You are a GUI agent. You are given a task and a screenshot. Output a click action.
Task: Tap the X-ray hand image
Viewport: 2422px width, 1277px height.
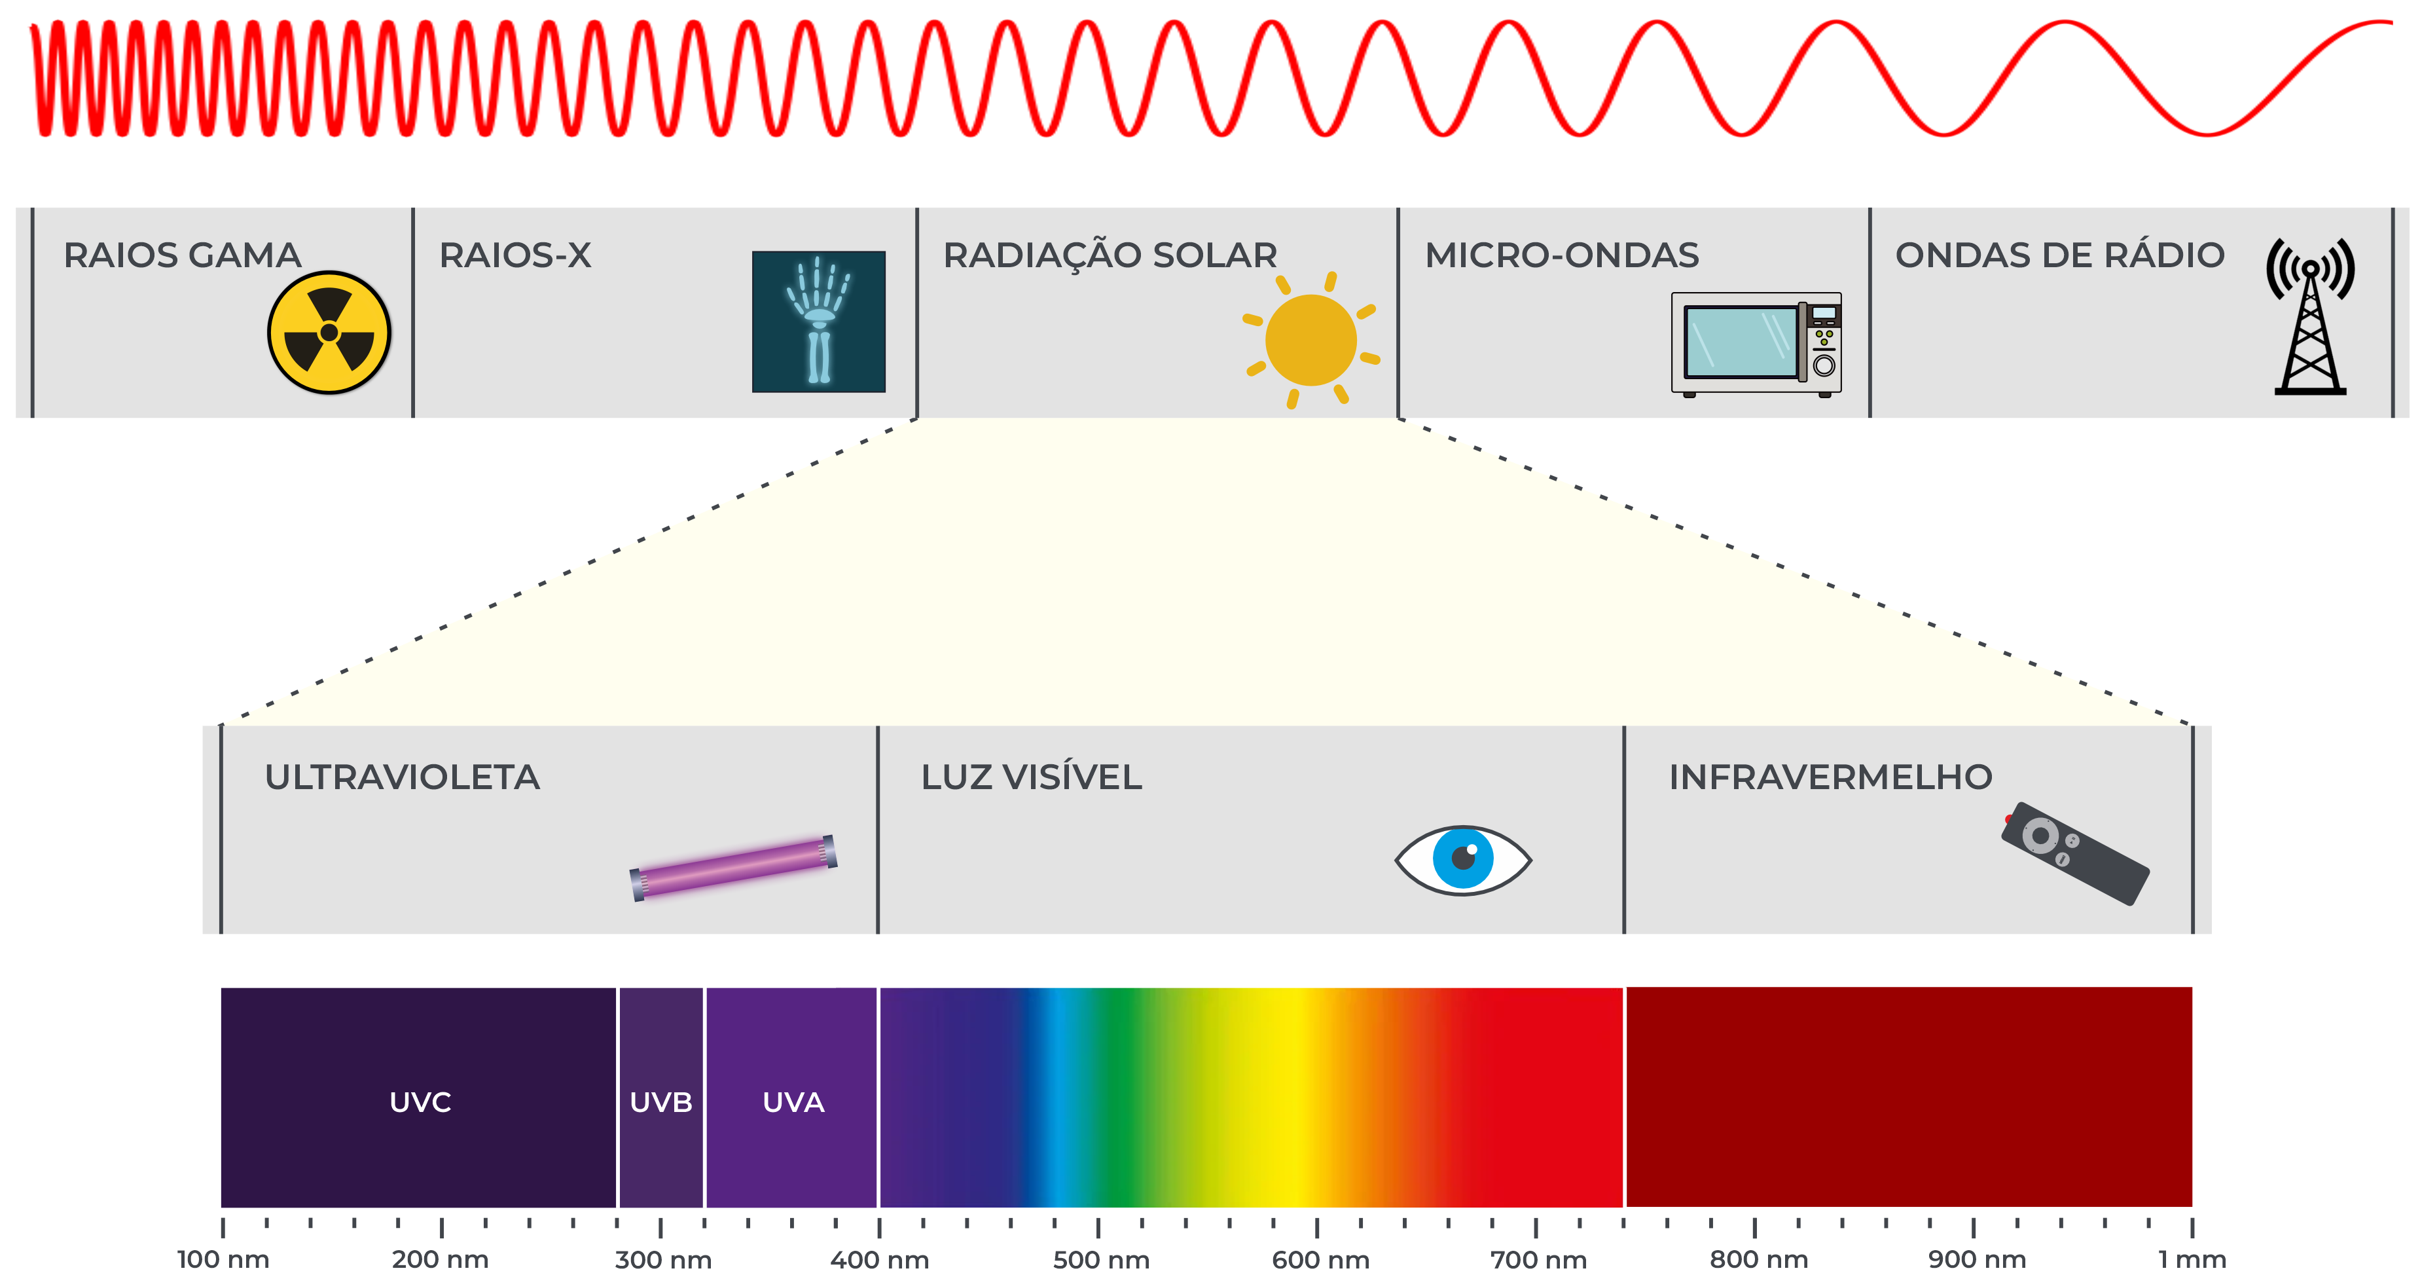[818, 321]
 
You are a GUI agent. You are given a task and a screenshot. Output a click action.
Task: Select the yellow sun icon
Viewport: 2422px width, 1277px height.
[1310, 339]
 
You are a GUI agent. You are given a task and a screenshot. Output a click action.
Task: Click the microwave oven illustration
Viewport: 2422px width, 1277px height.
[1756, 343]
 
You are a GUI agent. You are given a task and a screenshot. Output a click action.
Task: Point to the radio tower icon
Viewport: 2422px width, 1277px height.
[2310, 317]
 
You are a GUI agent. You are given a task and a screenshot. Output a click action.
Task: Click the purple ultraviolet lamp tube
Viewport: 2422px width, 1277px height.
[733, 867]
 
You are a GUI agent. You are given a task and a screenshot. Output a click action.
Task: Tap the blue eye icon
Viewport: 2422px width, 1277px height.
[1462, 859]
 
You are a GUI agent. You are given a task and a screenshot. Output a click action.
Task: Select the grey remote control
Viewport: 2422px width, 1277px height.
[2075, 853]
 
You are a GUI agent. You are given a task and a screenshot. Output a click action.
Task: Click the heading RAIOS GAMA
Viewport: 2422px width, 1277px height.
[181, 255]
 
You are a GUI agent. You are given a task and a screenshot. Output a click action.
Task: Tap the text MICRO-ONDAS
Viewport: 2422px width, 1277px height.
[1562, 255]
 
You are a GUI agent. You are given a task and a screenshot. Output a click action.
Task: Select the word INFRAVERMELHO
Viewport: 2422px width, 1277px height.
[1830, 777]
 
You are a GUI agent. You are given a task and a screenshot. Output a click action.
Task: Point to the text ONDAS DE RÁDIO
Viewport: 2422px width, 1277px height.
[2059, 255]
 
